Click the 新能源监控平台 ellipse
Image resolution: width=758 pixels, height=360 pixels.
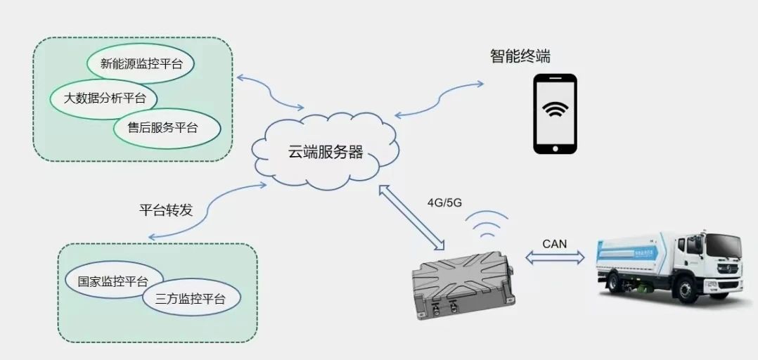141,63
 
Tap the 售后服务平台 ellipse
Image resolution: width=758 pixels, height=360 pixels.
167,128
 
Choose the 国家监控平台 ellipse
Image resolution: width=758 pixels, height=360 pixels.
112,281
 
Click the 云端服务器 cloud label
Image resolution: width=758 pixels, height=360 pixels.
325,152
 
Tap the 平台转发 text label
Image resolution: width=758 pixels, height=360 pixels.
165,210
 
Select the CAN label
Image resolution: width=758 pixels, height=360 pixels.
555,243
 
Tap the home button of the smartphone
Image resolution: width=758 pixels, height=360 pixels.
555,148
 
